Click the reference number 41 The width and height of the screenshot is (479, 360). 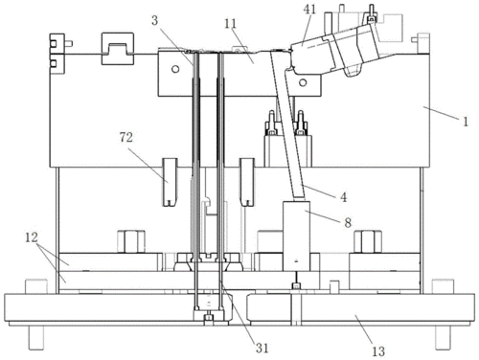[309, 10]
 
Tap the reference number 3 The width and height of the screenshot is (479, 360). [155, 21]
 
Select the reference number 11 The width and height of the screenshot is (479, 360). [230, 24]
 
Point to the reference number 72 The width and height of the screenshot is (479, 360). [126, 138]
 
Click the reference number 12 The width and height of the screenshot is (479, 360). [32, 237]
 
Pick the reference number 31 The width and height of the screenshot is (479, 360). [262, 348]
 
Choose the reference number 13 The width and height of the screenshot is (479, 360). [378, 351]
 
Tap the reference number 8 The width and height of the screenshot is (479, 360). [348, 222]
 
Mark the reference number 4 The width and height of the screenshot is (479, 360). [343, 197]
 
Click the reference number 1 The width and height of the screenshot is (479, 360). [466, 122]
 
